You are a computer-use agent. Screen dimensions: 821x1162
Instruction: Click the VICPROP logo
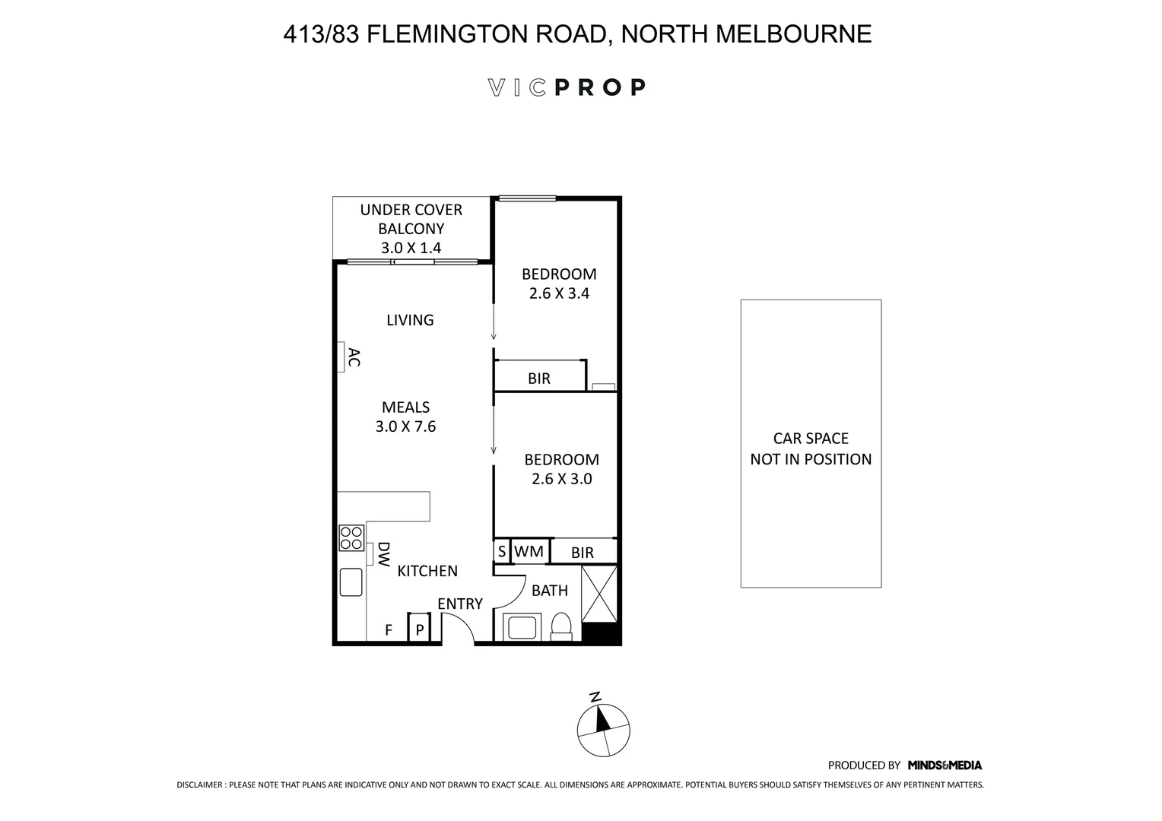567,87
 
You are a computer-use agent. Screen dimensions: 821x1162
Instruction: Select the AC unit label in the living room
353,357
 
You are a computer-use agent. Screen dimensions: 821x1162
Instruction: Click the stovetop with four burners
351,538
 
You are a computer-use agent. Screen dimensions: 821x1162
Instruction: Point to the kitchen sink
351,582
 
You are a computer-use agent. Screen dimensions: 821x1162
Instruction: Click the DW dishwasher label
383,554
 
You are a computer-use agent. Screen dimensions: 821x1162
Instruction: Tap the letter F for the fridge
389,630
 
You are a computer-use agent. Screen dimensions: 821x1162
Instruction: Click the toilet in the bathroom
561,628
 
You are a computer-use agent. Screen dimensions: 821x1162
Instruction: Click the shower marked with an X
599,594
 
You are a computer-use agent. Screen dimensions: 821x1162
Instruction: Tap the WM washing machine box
529,551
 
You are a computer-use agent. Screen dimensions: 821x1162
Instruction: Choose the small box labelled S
502,551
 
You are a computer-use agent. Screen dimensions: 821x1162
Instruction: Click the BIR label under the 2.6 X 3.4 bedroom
538,378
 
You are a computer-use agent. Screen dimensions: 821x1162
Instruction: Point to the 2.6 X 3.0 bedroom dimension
561,479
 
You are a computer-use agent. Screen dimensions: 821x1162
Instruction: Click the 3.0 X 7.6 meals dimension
405,426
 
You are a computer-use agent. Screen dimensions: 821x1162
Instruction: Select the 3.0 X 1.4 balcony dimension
411,248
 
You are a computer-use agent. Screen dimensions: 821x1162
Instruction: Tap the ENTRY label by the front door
459,604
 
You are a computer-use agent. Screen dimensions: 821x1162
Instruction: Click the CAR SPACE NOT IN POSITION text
811,449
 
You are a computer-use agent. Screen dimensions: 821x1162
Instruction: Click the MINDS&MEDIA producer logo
945,766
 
